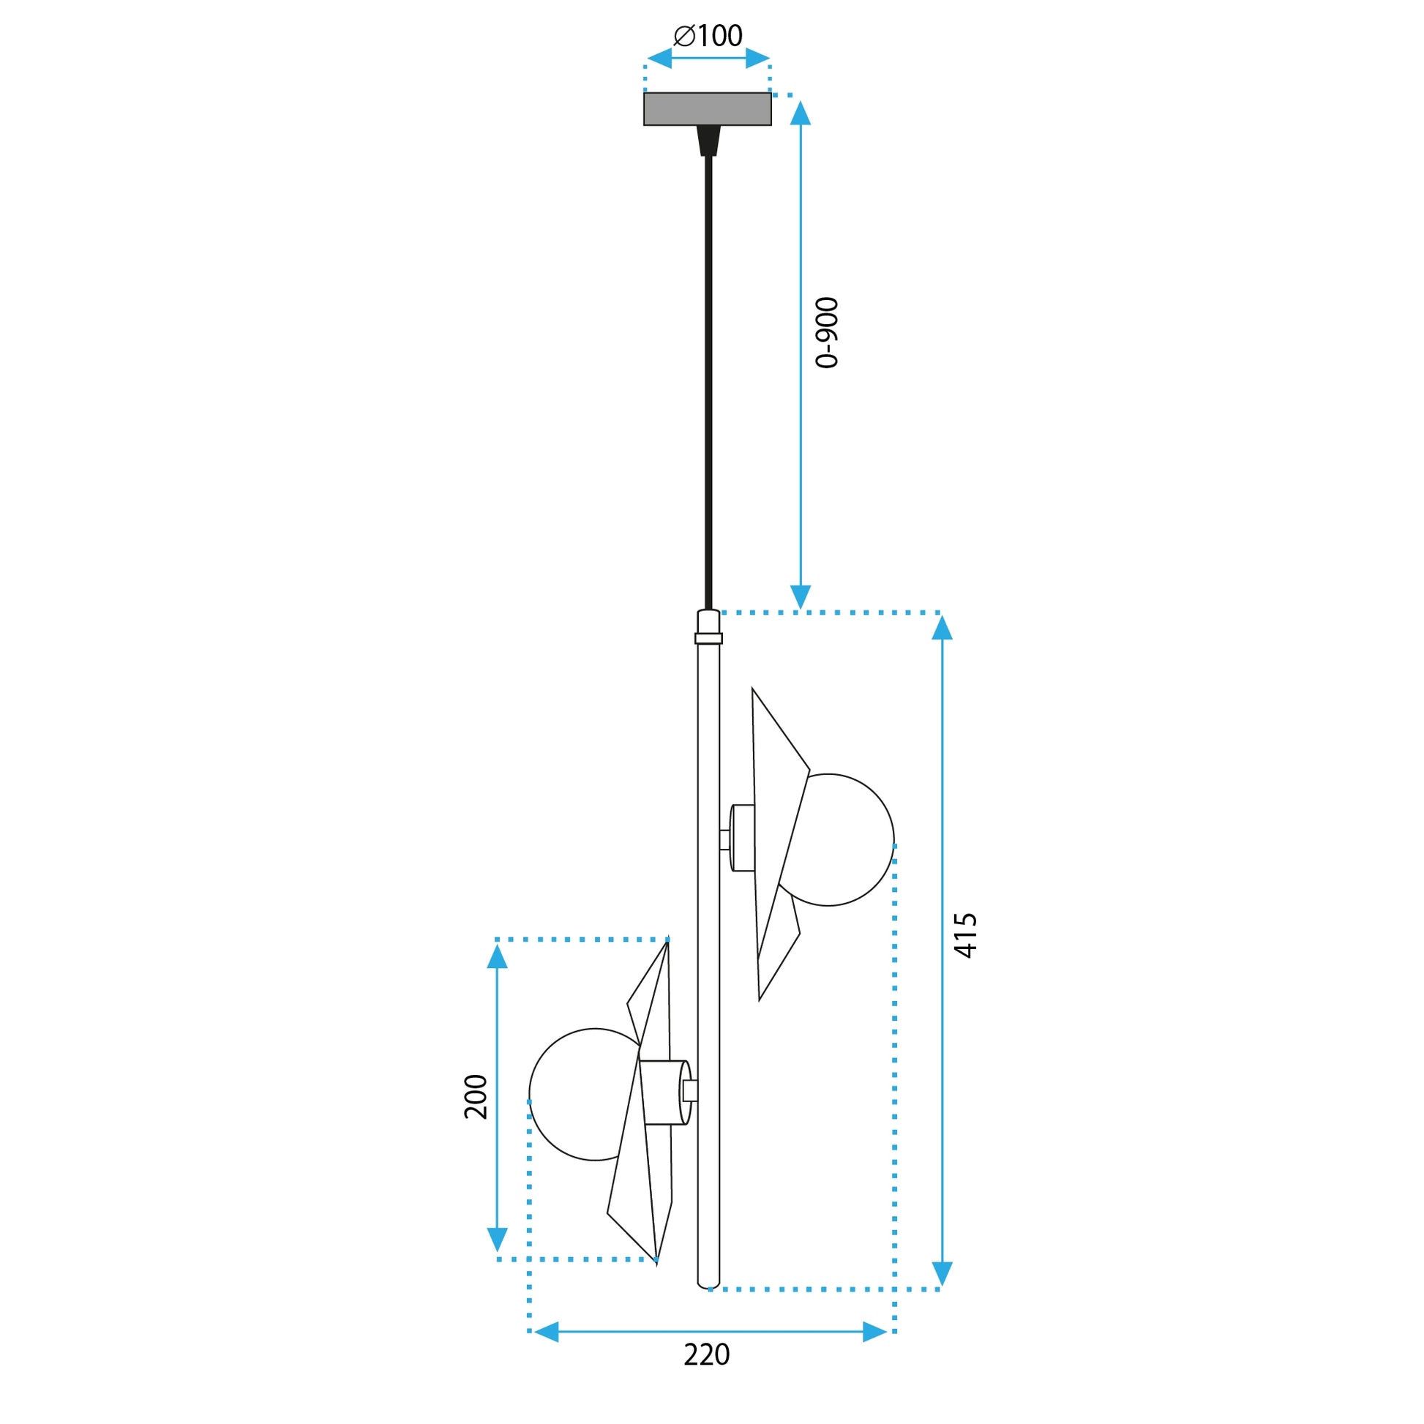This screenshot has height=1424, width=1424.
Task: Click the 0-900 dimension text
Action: (x=827, y=332)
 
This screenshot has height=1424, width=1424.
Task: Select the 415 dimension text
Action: (x=965, y=935)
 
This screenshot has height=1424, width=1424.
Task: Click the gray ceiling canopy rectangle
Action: (x=708, y=109)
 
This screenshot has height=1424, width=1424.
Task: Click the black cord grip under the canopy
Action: (x=708, y=140)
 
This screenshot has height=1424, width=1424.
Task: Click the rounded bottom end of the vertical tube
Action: (x=708, y=1286)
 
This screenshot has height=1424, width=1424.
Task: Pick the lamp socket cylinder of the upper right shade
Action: (x=743, y=838)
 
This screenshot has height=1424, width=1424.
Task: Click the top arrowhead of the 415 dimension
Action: (x=942, y=628)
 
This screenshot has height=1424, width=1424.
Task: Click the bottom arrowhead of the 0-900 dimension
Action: (x=801, y=597)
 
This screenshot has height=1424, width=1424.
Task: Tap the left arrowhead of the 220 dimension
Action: (x=546, y=1332)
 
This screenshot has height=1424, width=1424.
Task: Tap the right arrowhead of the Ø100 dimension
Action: (x=757, y=59)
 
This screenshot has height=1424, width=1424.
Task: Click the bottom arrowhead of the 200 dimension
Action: (x=498, y=1239)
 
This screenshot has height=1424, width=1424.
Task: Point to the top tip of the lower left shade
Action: (x=667, y=943)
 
